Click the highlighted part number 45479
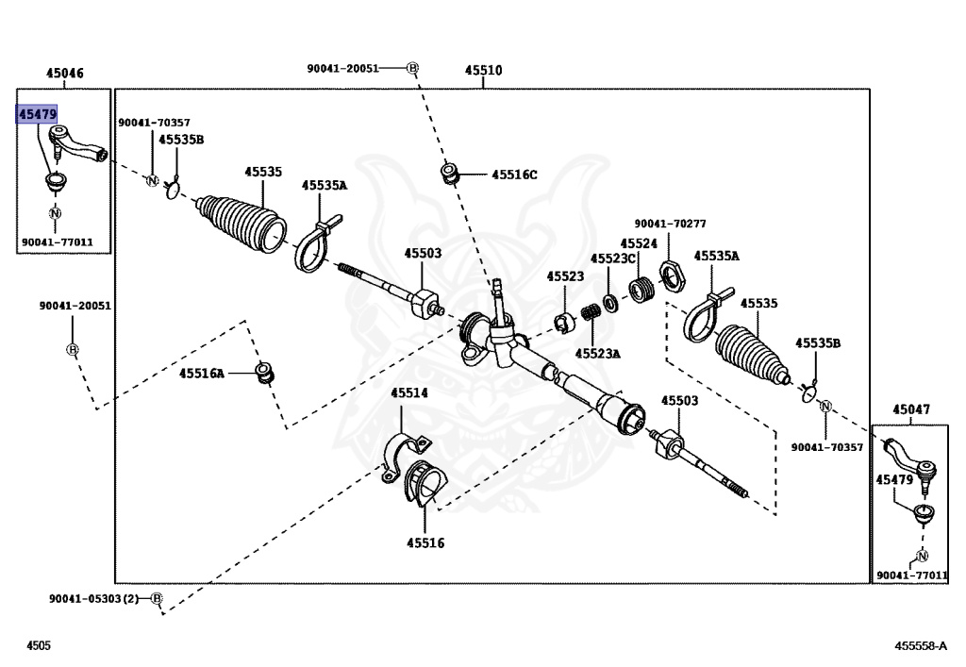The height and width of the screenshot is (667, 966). [38, 114]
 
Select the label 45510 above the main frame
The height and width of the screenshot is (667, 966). [483, 71]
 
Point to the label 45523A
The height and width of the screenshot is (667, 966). [598, 354]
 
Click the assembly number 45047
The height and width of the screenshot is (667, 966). [911, 409]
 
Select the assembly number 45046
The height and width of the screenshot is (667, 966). [64, 73]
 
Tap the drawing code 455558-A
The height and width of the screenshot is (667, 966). [921, 645]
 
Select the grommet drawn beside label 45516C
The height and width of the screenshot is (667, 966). [450, 174]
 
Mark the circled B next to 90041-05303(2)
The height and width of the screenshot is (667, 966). [157, 599]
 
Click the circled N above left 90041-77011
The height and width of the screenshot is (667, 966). [55, 214]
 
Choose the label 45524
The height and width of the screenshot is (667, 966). [639, 243]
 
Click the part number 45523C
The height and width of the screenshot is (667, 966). [613, 258]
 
